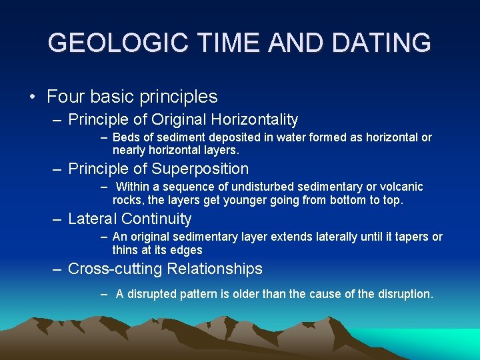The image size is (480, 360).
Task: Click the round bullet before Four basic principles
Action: pyautogui.click(x=32, y=97)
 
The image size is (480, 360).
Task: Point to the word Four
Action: pyautogui.click(x=64, y=97)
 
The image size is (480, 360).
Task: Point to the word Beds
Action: pyautogui.click(x=125, y=137)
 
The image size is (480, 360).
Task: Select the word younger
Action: pyautogui.click(x=219, y=200)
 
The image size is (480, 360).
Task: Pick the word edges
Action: pyautogui.click(x=187, y=250)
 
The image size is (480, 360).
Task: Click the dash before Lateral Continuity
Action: pyautogui.click(x=58, y=219)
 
